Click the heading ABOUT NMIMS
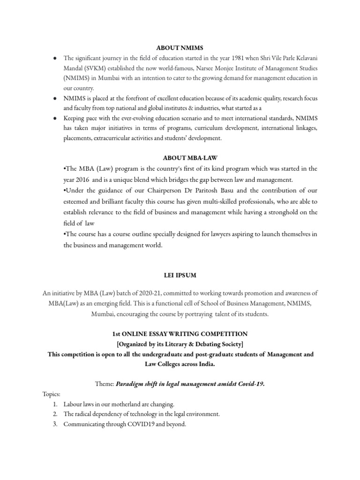tap(180, 47)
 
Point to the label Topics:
tap(51, 394)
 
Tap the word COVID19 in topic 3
tap(137, 424)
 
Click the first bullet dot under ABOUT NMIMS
tap(55, 58)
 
